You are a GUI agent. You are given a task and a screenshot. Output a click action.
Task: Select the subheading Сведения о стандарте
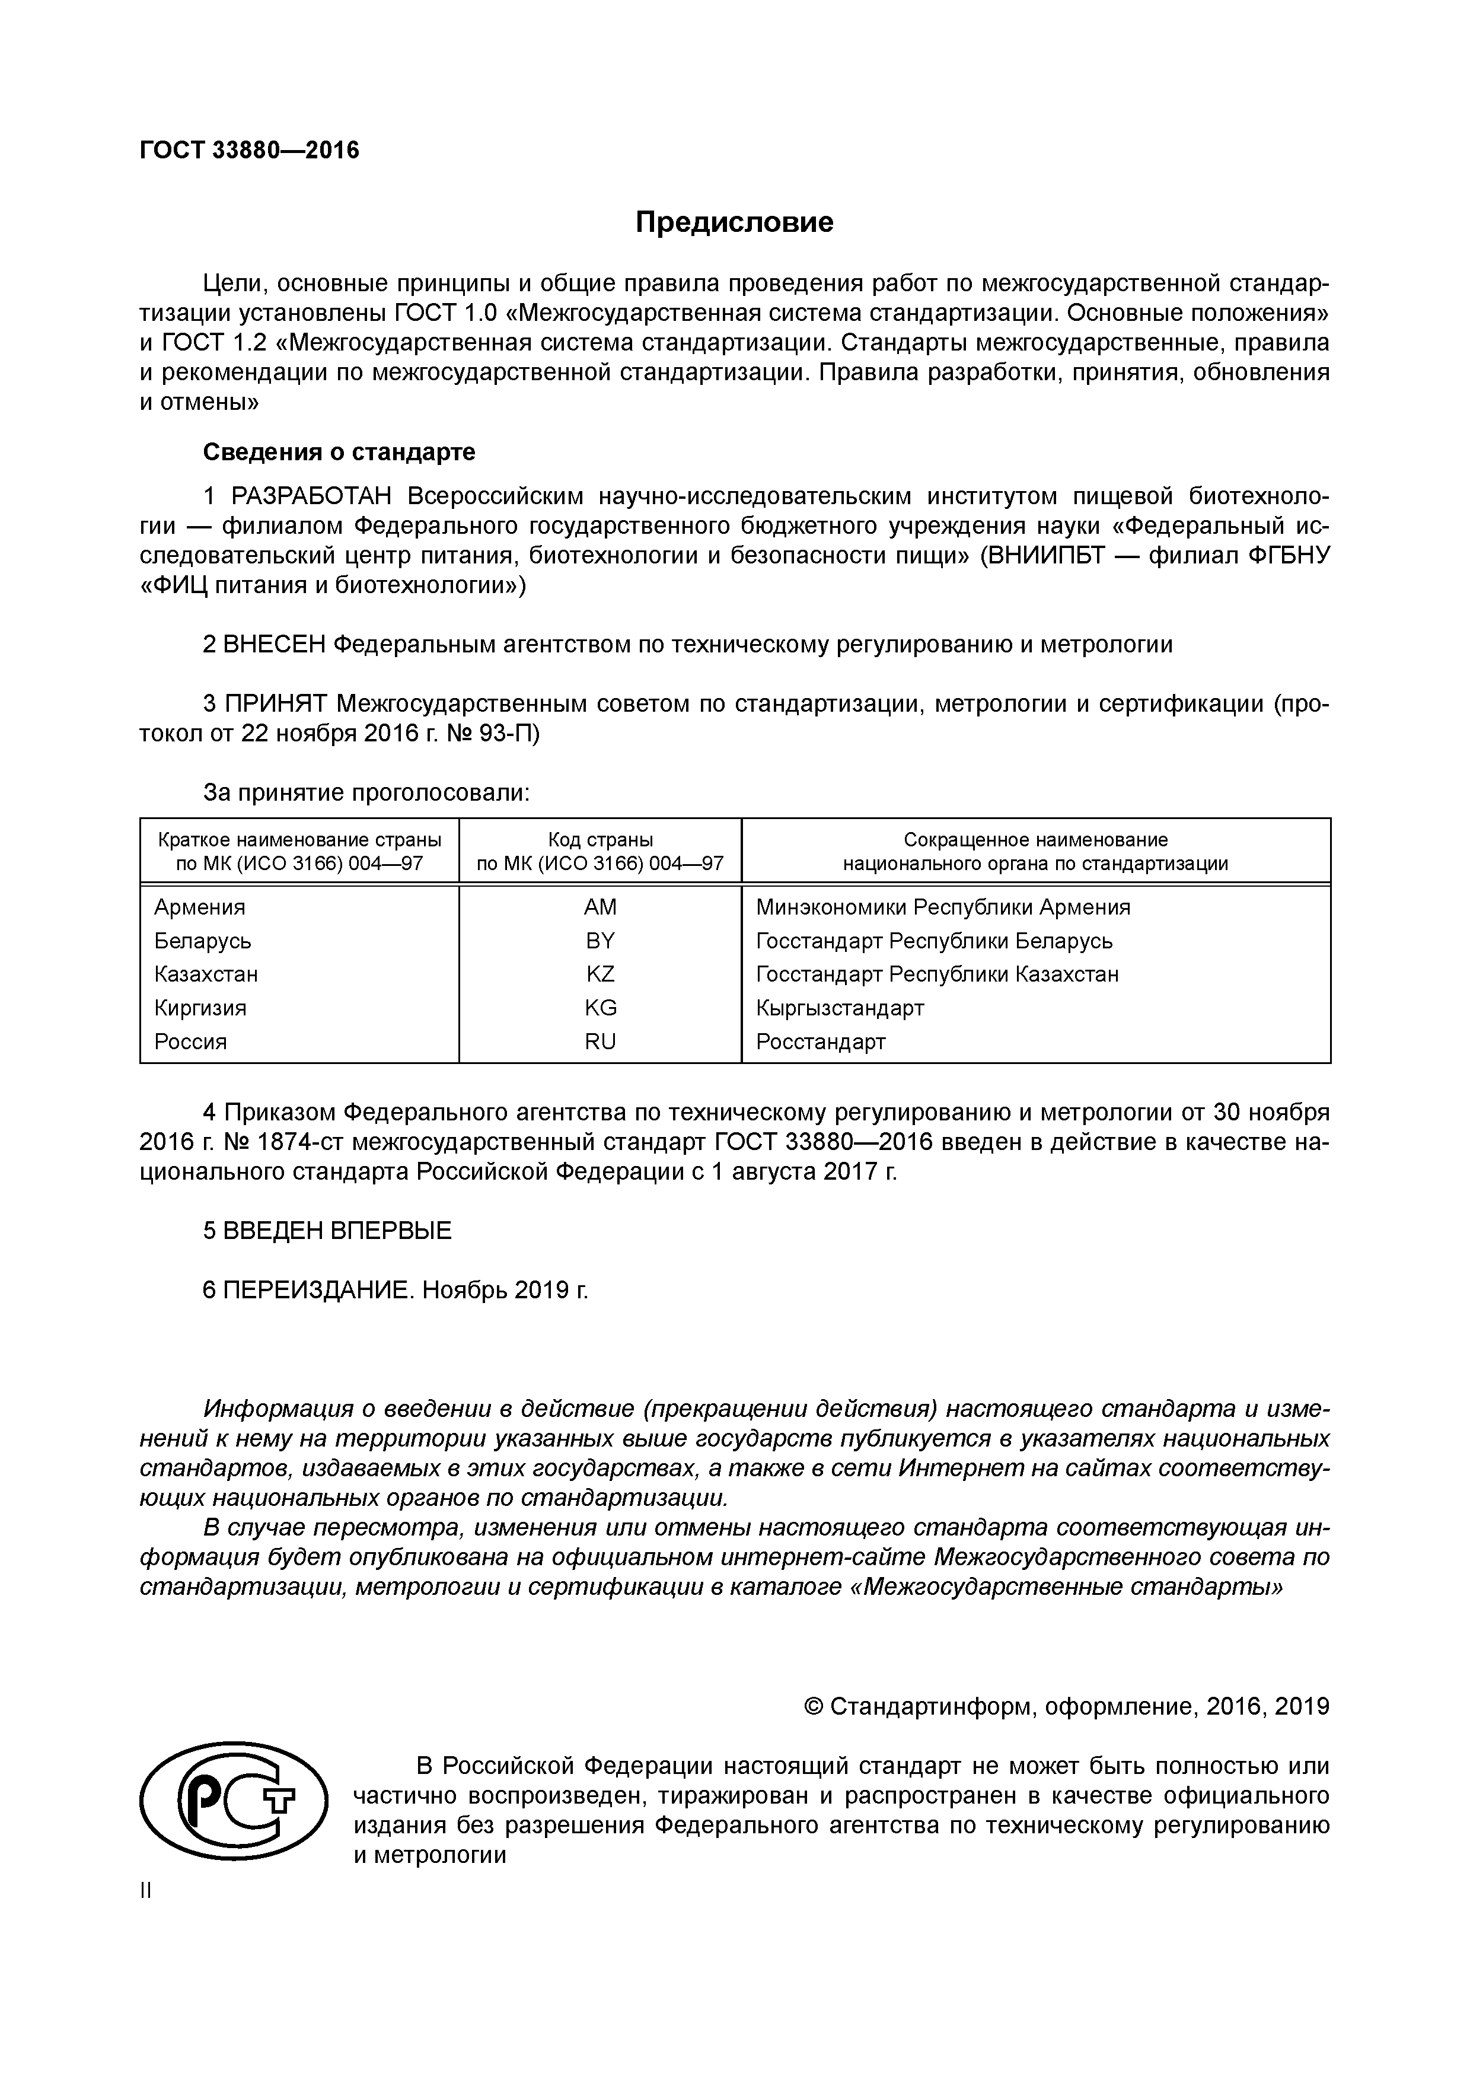click(339, 451)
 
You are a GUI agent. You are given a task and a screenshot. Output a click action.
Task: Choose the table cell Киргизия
click(200, 1008)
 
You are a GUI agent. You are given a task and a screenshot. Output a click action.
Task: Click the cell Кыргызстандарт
click(840, 1008)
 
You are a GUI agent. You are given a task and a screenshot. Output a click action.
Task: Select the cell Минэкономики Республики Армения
click(942, 907)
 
